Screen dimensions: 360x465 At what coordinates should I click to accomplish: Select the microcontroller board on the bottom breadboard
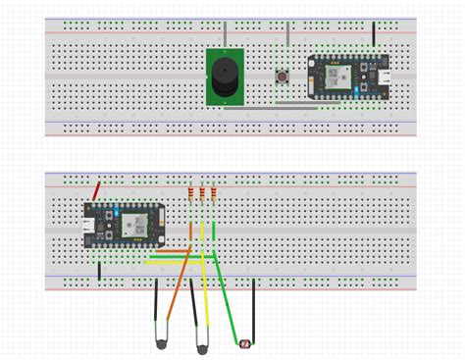tap(122, 223)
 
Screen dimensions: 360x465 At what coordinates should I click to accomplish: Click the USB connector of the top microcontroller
tap(387, 77)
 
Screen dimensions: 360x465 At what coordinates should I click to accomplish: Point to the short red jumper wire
tap(96, 190)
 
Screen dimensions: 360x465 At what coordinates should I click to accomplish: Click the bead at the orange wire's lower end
tap(160, 342)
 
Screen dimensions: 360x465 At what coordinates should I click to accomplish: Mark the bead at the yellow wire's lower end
tap(203, 347)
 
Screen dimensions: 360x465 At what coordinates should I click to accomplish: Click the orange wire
tap(176, 294)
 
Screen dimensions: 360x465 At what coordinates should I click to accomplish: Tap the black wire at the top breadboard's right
tap(374, 35)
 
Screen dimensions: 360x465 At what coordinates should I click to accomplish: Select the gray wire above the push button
tap(287, 39)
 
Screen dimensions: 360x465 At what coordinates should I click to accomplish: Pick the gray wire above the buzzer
tap(225, 32)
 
